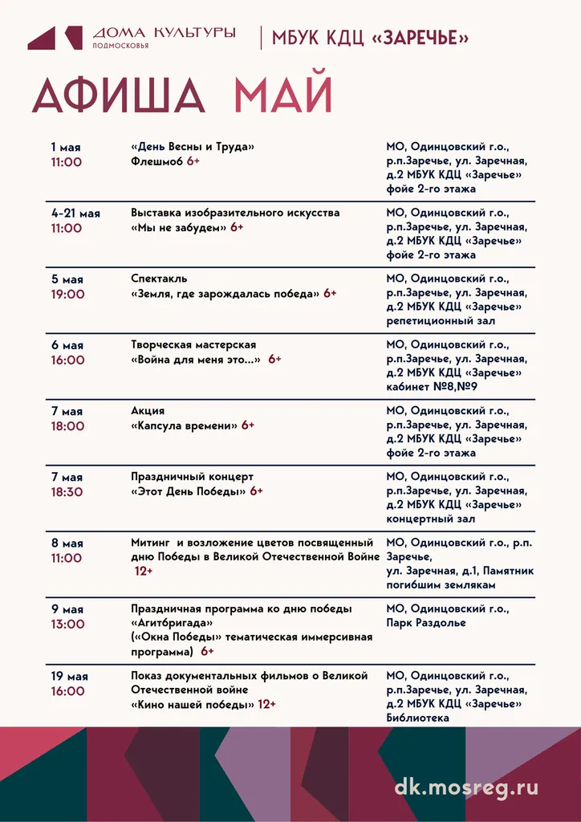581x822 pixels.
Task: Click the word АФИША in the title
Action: tap(117, 96)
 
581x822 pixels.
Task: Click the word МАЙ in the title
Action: tap(282, 96)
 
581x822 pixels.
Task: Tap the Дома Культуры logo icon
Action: tap(55, 38)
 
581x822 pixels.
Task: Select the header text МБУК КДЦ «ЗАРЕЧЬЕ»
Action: tap(371, 38)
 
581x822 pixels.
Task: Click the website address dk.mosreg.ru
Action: tap(466, 787)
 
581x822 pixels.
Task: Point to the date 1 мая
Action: tap(66, 148)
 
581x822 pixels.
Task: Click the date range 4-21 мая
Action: tap(76, 214)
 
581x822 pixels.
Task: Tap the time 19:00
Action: tap(67, 295)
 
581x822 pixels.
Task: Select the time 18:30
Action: tap(67, 492)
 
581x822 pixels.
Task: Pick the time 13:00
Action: tap(67, 624)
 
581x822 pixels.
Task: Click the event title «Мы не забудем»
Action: tap(179, 227)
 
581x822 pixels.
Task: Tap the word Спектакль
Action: tap(159, 279)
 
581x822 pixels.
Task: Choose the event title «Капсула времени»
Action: tap(185, 425)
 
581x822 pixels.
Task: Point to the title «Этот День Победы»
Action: tap(189, 490)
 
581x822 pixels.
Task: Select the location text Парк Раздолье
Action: tap(426, 623)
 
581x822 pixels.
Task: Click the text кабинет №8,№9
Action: tap(431, 387)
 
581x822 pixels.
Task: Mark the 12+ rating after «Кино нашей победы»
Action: tap(266, 704)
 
